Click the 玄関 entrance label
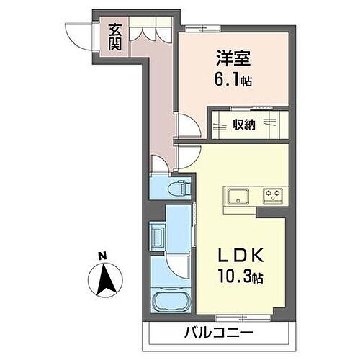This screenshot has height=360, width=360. point(115,37)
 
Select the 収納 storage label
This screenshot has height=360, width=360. point(245,125)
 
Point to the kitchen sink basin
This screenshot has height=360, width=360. point(238,194)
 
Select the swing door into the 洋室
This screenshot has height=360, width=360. point(185,127)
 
